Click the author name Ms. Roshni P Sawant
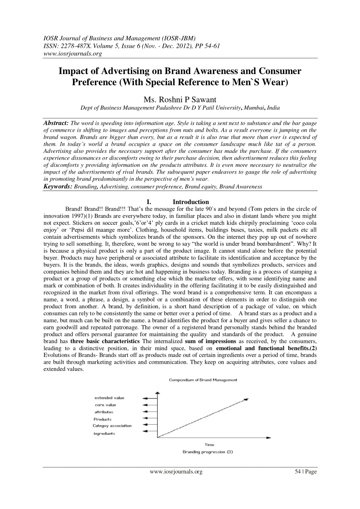(x=180, y=100)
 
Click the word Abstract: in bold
(x=57, y=122)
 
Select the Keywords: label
(x=58, y=186)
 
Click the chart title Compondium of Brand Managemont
(x=203, y=380)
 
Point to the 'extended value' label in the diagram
(x=109, y=398)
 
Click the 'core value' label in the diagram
(x=105, y=405)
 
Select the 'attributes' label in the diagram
(x=104, y=412)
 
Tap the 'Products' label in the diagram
(x=102, y=419)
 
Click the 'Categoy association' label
(x=112, y=426)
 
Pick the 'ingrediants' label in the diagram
(x=104, y=433)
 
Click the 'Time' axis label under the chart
(x=209, y=445)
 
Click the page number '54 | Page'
(x=305, y=472)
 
